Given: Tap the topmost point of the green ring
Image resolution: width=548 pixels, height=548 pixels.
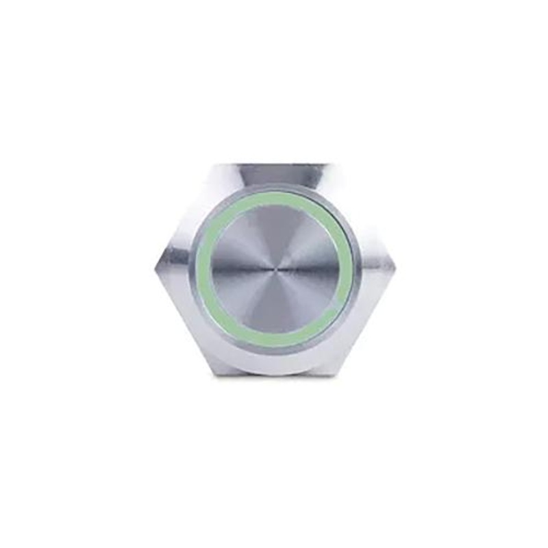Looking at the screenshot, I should tap(276, 196).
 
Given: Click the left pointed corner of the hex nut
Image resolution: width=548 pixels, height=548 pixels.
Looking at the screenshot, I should tap(155, 269).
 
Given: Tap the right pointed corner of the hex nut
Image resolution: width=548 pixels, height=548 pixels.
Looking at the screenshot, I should tap(396, 269).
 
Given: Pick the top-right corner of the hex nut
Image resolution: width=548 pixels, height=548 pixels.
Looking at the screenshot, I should tap(336, 164).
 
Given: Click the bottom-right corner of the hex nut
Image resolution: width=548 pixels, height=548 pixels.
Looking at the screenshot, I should tap(336, 374).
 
